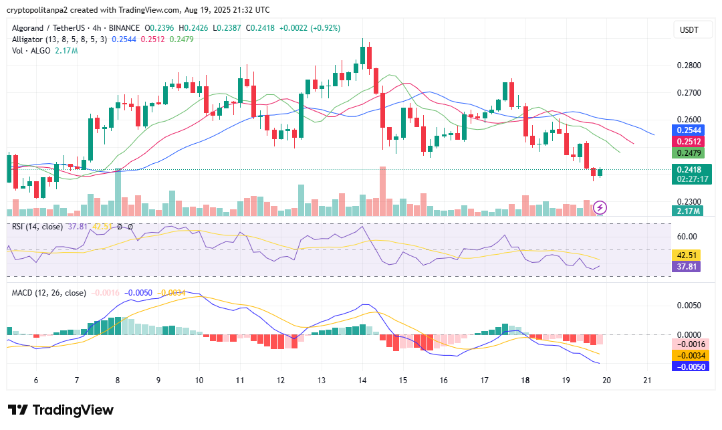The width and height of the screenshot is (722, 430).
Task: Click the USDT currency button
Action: pos(689,29)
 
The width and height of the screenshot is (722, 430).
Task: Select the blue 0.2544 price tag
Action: pos(689,130)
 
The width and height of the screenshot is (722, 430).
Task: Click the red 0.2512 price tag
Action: pos(689,142)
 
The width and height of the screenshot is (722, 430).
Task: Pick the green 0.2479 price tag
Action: pos(689,153)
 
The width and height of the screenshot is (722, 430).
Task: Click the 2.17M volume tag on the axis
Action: pos(689,211)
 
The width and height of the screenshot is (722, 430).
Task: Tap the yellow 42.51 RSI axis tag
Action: pos(689,255)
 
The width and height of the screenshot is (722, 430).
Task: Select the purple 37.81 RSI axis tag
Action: pos(689,266)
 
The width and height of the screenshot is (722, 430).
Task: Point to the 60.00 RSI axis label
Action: pos(687,237)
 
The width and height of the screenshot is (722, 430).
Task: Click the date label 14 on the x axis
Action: pos(362,380)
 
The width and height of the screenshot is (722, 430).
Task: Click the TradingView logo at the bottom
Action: pos(61,410)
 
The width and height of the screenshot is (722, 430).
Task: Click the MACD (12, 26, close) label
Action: pos(49,293)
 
